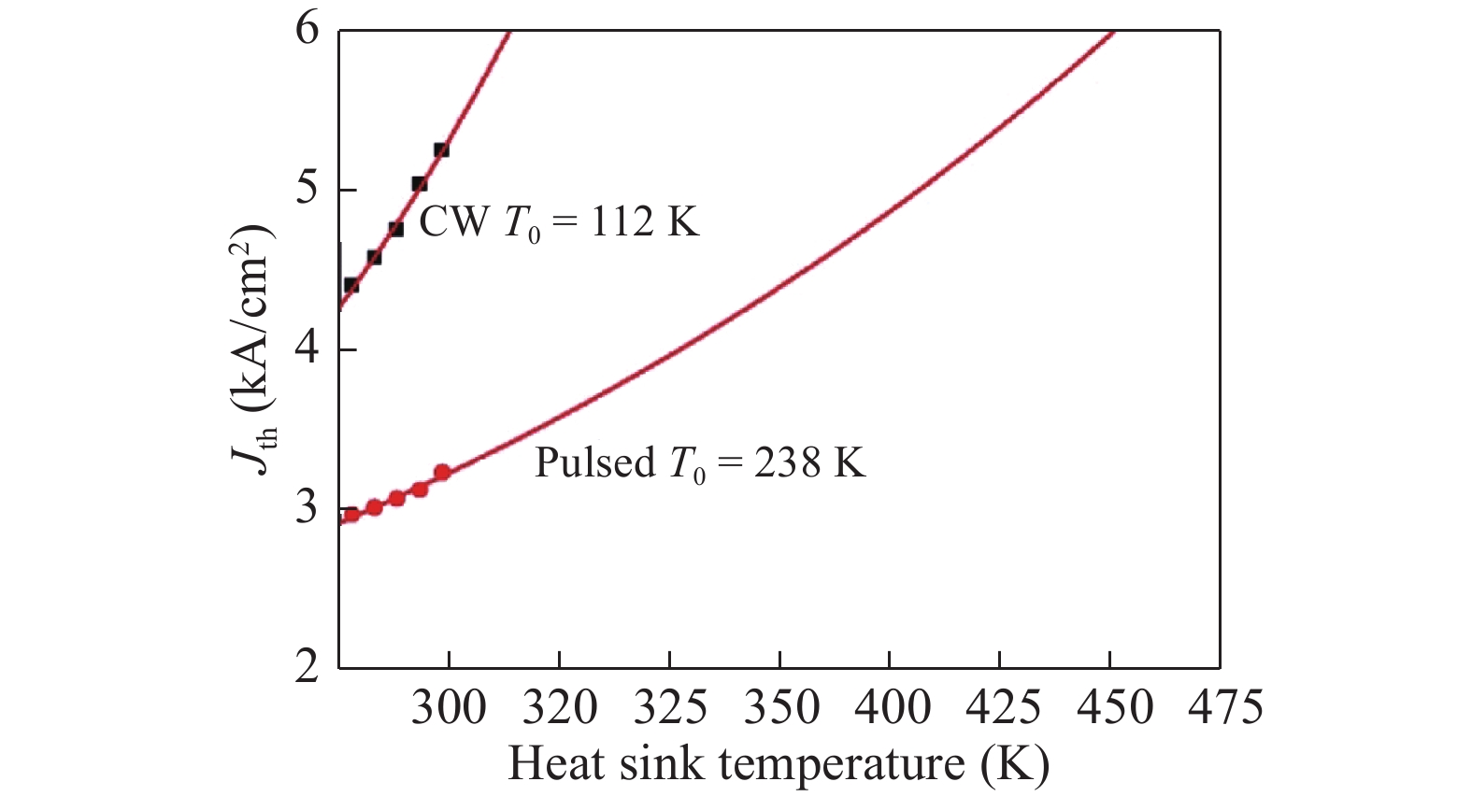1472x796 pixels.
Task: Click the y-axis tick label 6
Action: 307,30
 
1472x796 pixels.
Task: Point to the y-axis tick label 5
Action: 307,190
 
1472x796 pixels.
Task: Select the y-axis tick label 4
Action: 307,350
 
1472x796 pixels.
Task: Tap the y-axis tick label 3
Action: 307,510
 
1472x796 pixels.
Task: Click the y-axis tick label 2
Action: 307,669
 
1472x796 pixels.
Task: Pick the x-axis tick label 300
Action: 449,707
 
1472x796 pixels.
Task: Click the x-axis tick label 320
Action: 559,707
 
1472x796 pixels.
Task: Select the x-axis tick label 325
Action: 669,707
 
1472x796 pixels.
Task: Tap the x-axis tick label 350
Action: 779,707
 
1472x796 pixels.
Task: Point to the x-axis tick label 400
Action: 890,707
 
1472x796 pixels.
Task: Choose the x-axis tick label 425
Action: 1000,707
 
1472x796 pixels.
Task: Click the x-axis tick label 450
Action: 1110,707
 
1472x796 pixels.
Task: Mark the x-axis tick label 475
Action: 1221,707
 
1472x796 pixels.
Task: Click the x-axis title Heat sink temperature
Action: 779,763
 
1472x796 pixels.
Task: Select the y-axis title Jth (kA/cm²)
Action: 258,349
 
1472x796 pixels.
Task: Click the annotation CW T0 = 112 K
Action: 559,222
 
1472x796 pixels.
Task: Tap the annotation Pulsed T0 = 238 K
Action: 700,463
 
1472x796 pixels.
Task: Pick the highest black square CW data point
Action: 441,150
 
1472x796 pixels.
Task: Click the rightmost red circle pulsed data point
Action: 442,473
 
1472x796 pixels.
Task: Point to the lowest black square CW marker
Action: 351,285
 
